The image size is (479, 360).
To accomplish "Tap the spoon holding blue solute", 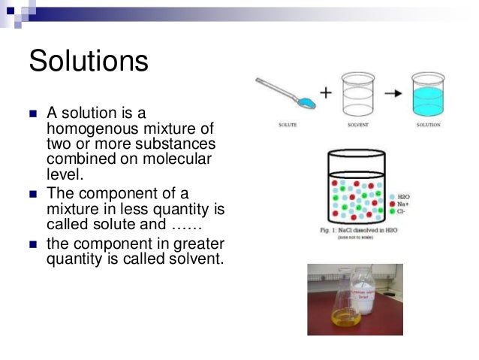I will click(282, 93).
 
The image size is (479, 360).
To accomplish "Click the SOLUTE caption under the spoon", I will click(286, 124).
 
